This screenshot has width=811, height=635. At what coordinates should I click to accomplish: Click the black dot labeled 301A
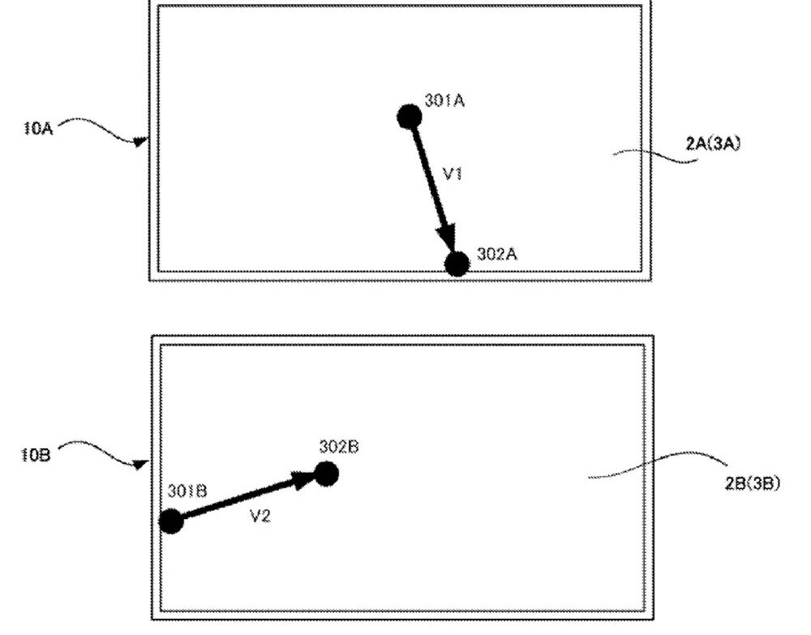pos(409,117)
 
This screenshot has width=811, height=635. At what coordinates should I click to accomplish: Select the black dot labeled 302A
pos(457,264)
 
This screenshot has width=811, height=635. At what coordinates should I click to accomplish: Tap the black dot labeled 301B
pos(171,521)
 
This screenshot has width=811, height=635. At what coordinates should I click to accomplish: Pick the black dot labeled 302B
pos(326,474)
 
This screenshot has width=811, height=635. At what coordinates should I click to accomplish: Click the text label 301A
pos(444,101)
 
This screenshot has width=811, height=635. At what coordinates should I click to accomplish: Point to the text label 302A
pos(497,254)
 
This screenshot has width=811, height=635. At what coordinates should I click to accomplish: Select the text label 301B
pos(188,491)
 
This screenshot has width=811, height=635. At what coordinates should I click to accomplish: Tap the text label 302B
pos(339,446)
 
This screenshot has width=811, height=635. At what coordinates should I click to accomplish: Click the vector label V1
pos(453,174)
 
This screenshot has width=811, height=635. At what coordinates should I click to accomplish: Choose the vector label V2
pos(260,516)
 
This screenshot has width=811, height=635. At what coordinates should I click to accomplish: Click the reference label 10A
pos(38,128)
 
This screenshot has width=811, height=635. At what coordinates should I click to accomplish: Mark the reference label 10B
pos(36,455)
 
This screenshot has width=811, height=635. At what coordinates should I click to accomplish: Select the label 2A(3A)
pos(713,144)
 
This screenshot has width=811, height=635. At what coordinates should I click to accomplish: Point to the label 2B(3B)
pos(753,483)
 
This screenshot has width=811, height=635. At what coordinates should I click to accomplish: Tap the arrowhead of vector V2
pos(303,479)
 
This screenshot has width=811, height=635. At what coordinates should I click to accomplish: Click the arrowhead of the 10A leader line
pos(140,140)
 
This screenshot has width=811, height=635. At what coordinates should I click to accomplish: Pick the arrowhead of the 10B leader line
pos(141,465)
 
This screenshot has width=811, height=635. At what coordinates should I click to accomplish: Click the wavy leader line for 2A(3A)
pos(655,156)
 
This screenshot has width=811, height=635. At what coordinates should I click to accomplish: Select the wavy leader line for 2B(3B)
pos(658,465)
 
